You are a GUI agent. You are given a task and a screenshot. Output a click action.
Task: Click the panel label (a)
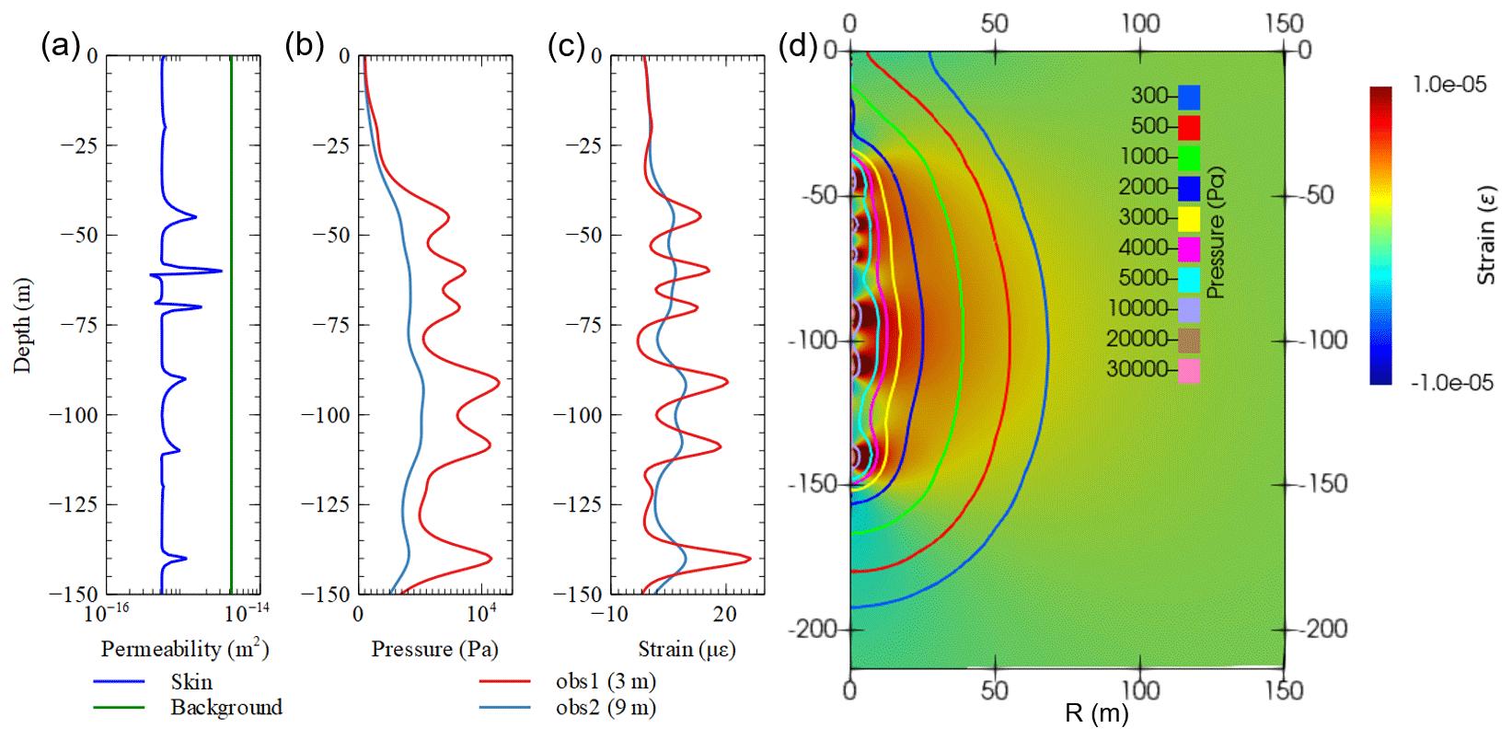tap(61, 45)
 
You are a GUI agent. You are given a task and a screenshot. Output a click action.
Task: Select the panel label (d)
tap(798, 45)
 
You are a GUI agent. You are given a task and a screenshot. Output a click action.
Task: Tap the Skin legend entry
tap(191, 682)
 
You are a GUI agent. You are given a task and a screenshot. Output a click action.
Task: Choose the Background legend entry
tap(226, 708)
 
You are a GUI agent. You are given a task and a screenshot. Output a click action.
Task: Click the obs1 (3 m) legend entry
tap(606, 682)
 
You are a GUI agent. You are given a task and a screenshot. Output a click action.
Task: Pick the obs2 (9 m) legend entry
tap(606, 708)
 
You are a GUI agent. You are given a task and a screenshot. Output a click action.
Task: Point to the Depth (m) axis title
tap(22, 325)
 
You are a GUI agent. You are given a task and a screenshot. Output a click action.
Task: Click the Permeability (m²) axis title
tap(184, 649)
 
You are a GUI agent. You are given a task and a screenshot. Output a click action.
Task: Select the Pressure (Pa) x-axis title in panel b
tap(434, 649)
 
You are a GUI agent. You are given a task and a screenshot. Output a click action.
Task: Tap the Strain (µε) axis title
tap(687, 649)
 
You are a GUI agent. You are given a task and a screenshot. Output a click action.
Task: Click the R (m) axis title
tap(1096, 713)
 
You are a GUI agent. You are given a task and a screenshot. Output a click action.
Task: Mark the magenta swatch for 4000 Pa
tap(1189, 249)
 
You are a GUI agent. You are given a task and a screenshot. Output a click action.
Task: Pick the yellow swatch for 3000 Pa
tap(1189, 218)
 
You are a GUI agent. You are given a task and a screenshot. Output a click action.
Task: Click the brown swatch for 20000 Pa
tap(1189, 341)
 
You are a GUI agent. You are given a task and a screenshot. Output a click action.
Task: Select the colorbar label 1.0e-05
tap(1449, 85)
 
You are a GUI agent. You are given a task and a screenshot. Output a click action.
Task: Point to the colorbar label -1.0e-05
tap(1451, 383)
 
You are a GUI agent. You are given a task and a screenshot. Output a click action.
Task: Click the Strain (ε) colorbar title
tap(1485, 236)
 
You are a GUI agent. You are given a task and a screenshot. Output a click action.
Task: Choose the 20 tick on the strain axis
tap(724, 614)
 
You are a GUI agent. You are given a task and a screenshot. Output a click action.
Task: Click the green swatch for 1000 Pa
tap(1189, 157)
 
